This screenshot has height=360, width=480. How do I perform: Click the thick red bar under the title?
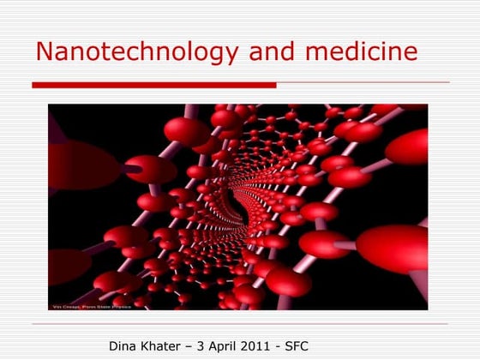point(154,85)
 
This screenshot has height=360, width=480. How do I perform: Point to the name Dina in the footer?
point(123,346)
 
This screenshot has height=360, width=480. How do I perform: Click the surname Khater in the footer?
point(164,346)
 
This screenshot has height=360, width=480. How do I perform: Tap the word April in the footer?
point(226,346)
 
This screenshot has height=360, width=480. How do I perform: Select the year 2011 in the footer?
point(262,346)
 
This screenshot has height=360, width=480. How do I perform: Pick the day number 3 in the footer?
point(205,346)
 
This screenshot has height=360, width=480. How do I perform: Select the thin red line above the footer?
point(240,324)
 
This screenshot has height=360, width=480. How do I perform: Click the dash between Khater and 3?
point(194,347)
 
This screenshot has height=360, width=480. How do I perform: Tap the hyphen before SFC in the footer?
point(284,347)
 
